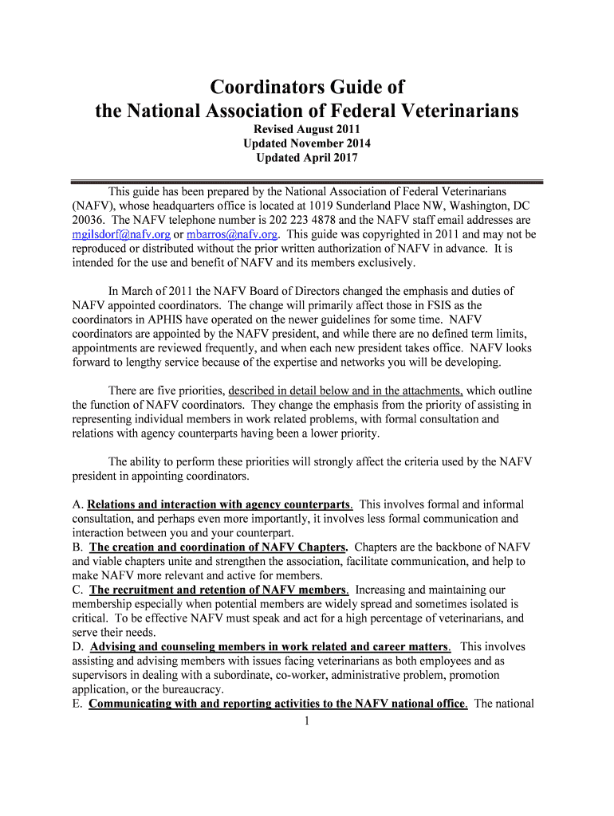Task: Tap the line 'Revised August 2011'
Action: (307, 129)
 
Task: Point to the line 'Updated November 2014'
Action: (307, 143)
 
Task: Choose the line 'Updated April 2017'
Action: (307, 158)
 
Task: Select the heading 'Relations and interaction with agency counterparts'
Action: (219, 504)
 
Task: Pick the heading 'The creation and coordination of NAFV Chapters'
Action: (218, 547)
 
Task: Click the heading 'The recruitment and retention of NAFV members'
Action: (218, 590)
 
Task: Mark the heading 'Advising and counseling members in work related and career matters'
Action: (270, 647)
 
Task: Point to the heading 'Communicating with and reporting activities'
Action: (277, 704)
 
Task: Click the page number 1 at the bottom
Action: (307, 722)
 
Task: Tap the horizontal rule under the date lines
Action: (307, 182)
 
